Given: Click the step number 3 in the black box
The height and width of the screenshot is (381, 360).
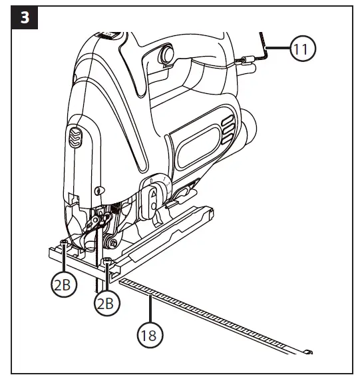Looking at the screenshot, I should coord(25,17).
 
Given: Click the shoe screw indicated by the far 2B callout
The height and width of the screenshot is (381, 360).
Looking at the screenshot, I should coord(63,244).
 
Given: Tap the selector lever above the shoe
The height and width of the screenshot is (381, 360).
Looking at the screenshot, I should coord(152,200).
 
